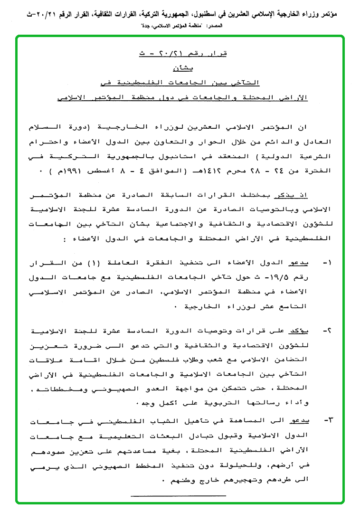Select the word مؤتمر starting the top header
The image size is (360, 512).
pos(345,15)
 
